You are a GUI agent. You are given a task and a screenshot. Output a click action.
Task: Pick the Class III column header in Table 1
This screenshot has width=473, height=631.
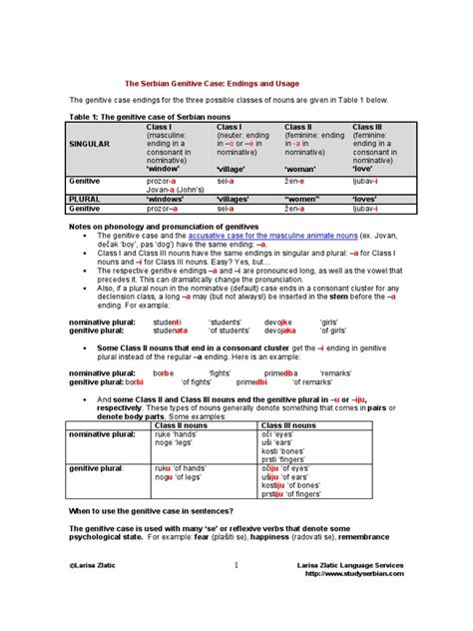pos(368,127)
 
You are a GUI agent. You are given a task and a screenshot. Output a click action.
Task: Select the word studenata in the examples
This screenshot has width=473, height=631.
pos(167,329)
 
